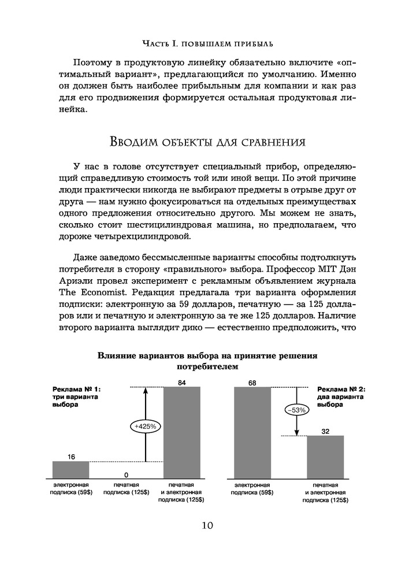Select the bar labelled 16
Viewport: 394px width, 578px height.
pyautogui.click(x=70, y=469)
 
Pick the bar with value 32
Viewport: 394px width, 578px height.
pyautogui.click(x=325, y=457)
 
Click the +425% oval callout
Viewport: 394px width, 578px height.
pyautogui.click(x=146, y=426)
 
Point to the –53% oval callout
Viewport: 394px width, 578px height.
pyautogui.click(x=296, y=410)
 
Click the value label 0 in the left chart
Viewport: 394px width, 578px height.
pyautogui.click(x=126, y=475)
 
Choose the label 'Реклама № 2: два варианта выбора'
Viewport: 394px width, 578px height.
pyautogui.click(x=343, y=397)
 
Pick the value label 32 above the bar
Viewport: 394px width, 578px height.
pyautogui.click(x=325, y=431)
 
